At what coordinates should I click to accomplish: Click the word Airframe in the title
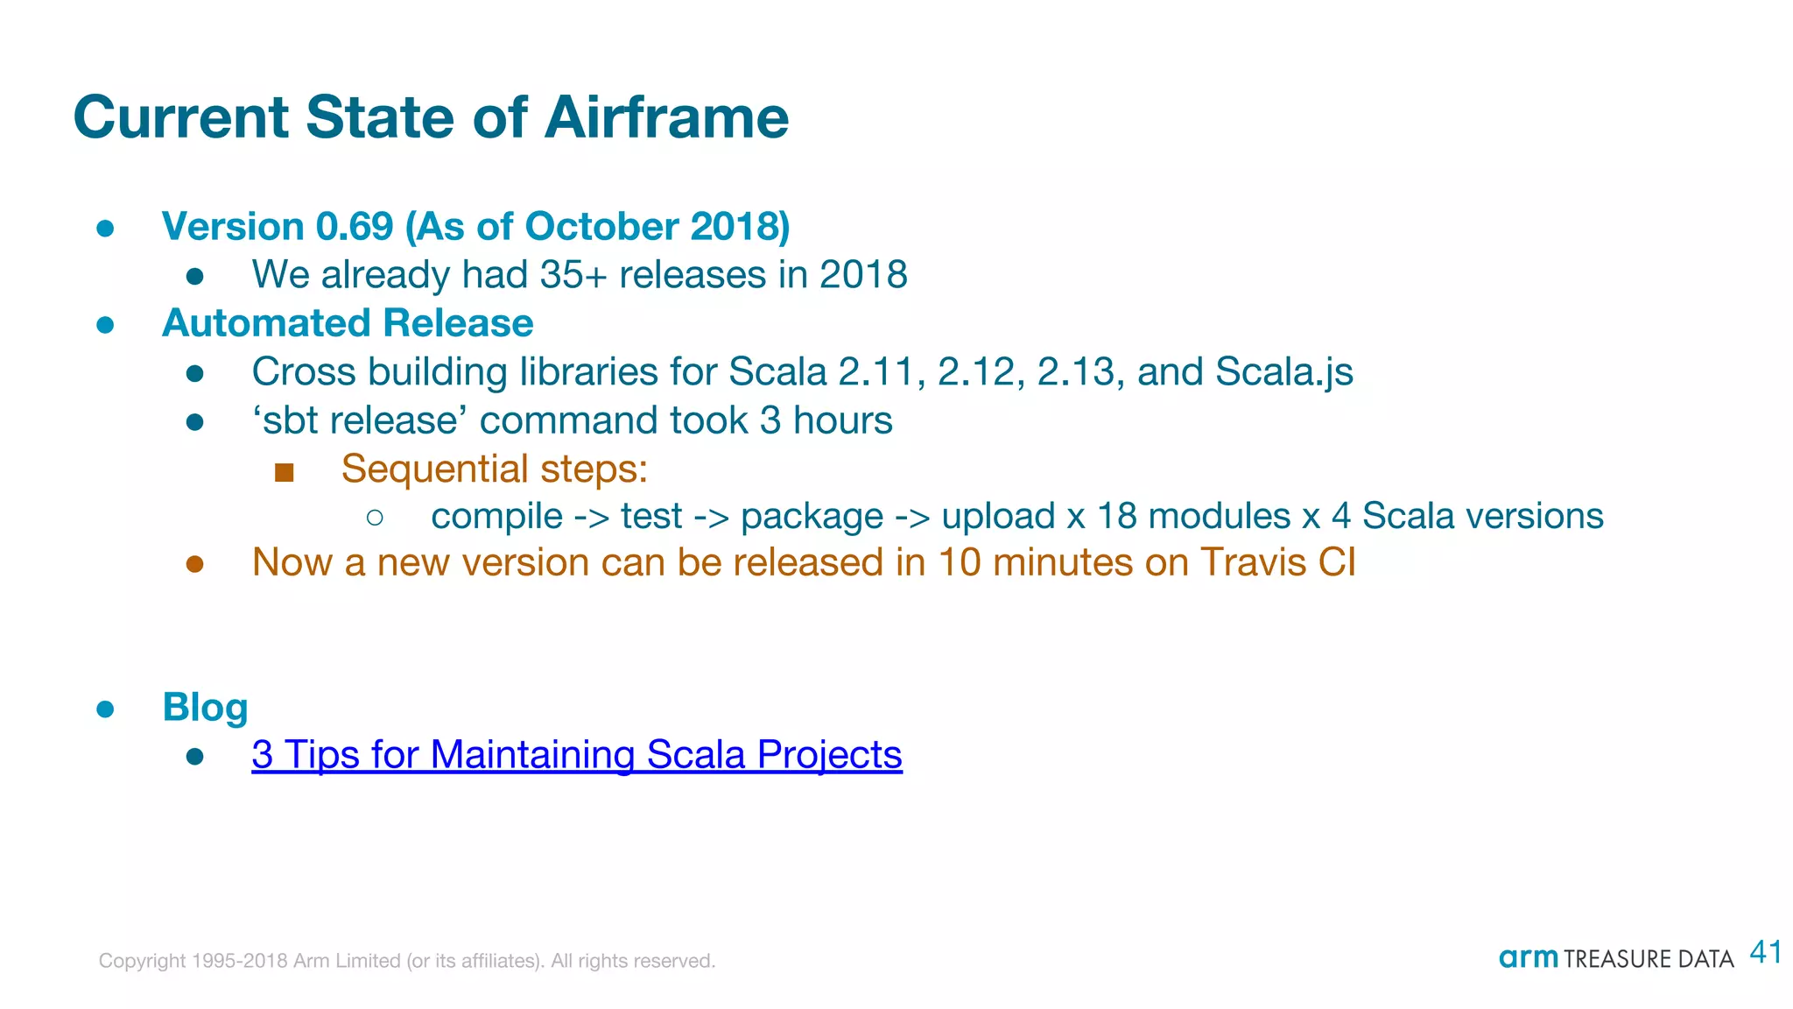tap(666, 117)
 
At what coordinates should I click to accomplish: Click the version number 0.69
tap(354, 227)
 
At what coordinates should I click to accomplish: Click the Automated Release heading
tap(348, 323)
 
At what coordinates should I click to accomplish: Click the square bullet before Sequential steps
tap(284, 473)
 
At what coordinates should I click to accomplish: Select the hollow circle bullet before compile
tap(375, 518)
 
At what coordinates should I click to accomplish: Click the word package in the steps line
tap(812, 516)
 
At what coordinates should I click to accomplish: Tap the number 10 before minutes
tap(960, 562)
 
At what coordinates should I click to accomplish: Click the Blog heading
tap(205, 708)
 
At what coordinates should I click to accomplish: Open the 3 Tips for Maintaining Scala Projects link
tap(576, 755)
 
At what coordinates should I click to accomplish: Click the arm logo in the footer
tap(1528, 958)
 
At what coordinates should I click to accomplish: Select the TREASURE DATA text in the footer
tap(1648, 960)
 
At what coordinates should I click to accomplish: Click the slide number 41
tap(1765, 953)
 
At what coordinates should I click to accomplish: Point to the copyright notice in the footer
tap(406, 961)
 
